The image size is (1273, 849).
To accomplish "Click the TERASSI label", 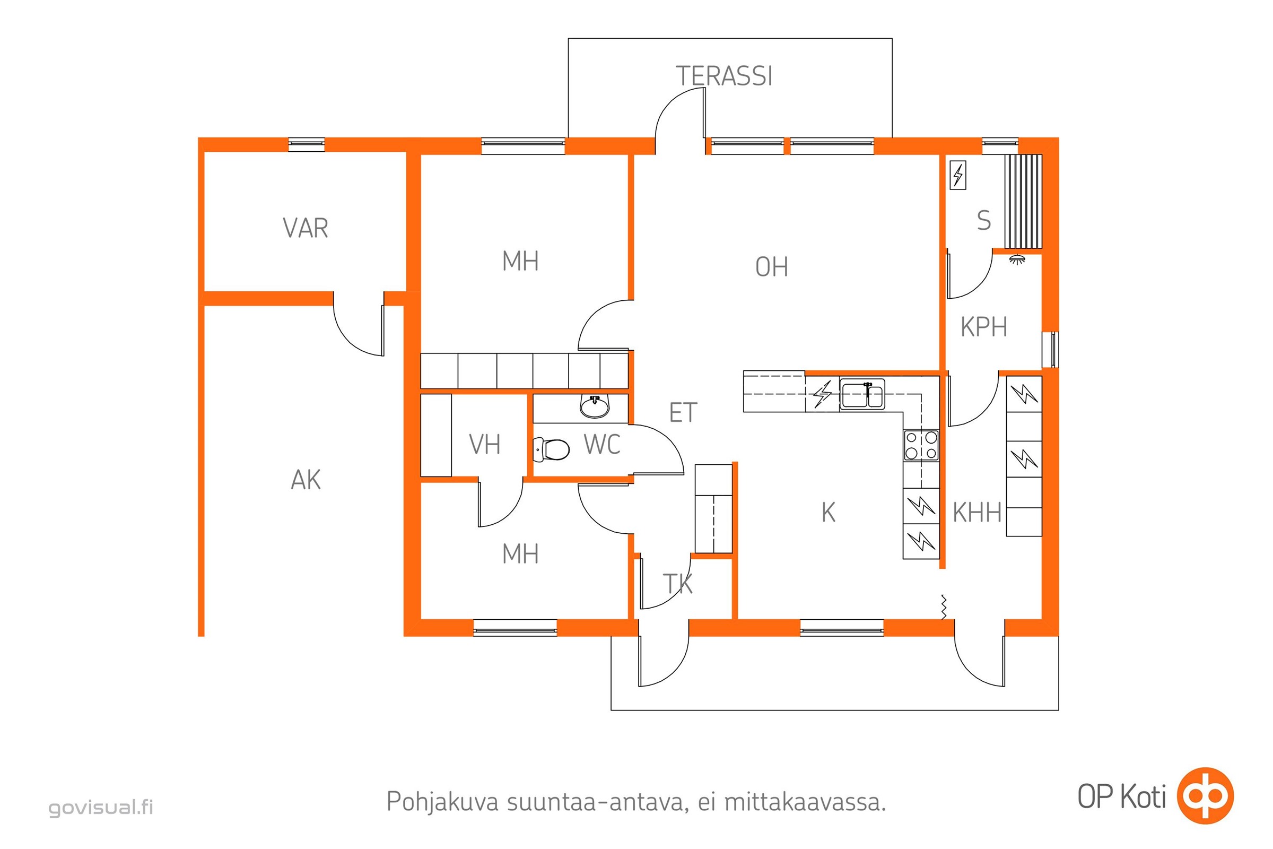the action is coord(724,76).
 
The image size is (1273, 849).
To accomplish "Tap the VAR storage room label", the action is coord(306,228).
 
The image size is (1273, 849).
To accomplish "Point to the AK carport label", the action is coord(306,480).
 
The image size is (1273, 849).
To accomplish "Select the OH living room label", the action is coord(772,267).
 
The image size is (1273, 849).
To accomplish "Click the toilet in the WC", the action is coord(552,449).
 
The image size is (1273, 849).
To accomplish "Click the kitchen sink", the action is coord(862,394).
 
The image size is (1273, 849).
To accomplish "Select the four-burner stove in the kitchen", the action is coord(921,445).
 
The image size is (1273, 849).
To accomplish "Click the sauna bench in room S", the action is coord(1023,201).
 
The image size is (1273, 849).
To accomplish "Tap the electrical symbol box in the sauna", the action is coord(958,176).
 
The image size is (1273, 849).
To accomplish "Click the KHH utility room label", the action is coord(977,513).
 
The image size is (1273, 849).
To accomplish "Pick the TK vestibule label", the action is coord(678,584).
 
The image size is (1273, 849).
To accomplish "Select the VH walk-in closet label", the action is coord(484,445).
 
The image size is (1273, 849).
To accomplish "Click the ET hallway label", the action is coord(683,413).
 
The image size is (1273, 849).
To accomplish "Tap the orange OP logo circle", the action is coord(1205,796).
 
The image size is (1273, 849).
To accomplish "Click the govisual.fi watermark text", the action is coord(101,807).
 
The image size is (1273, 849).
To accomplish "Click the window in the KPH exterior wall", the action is coord(1051,350).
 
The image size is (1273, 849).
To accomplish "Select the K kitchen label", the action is coord(828,513).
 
